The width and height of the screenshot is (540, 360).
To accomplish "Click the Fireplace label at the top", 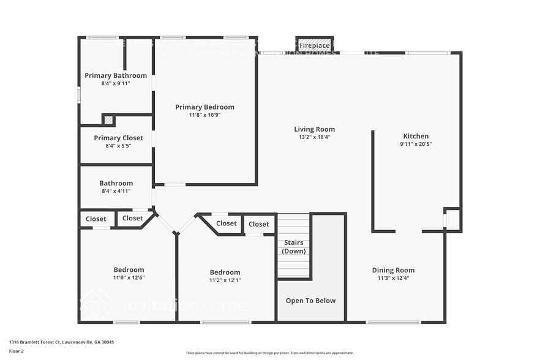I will tap(314, 46).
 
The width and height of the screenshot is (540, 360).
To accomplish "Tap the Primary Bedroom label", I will tap(204, 107).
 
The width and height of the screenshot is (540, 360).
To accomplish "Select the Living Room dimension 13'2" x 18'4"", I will tap(314, 137).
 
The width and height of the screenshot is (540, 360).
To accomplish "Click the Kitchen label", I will tap(416, 136).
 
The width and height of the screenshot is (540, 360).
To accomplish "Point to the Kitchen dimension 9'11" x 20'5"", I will tap(416, 144).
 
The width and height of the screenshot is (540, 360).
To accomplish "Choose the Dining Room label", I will tap(393, 270).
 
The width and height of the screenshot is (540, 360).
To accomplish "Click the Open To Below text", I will tap(310, 301).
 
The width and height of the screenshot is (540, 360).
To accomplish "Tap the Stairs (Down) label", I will tap(294, 247).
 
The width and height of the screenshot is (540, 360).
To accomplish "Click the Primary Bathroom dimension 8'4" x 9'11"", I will tap(116, 83).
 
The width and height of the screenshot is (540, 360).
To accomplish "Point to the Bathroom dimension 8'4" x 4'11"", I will tap(116, 191).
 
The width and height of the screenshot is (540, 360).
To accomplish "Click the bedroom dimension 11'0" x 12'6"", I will tap(129, 277).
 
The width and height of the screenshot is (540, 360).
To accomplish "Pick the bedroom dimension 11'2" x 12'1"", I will tap(225, 280).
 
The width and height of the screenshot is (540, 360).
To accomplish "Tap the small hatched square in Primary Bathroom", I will tap(108, 121).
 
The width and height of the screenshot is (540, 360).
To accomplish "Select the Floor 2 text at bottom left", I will tap(16, 351).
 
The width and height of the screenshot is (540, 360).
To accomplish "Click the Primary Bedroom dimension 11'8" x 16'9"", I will tap(204, 115).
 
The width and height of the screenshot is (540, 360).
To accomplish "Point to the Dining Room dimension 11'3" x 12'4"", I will tap(393, 278).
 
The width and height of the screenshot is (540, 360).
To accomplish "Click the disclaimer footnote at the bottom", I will tap(269, 353).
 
